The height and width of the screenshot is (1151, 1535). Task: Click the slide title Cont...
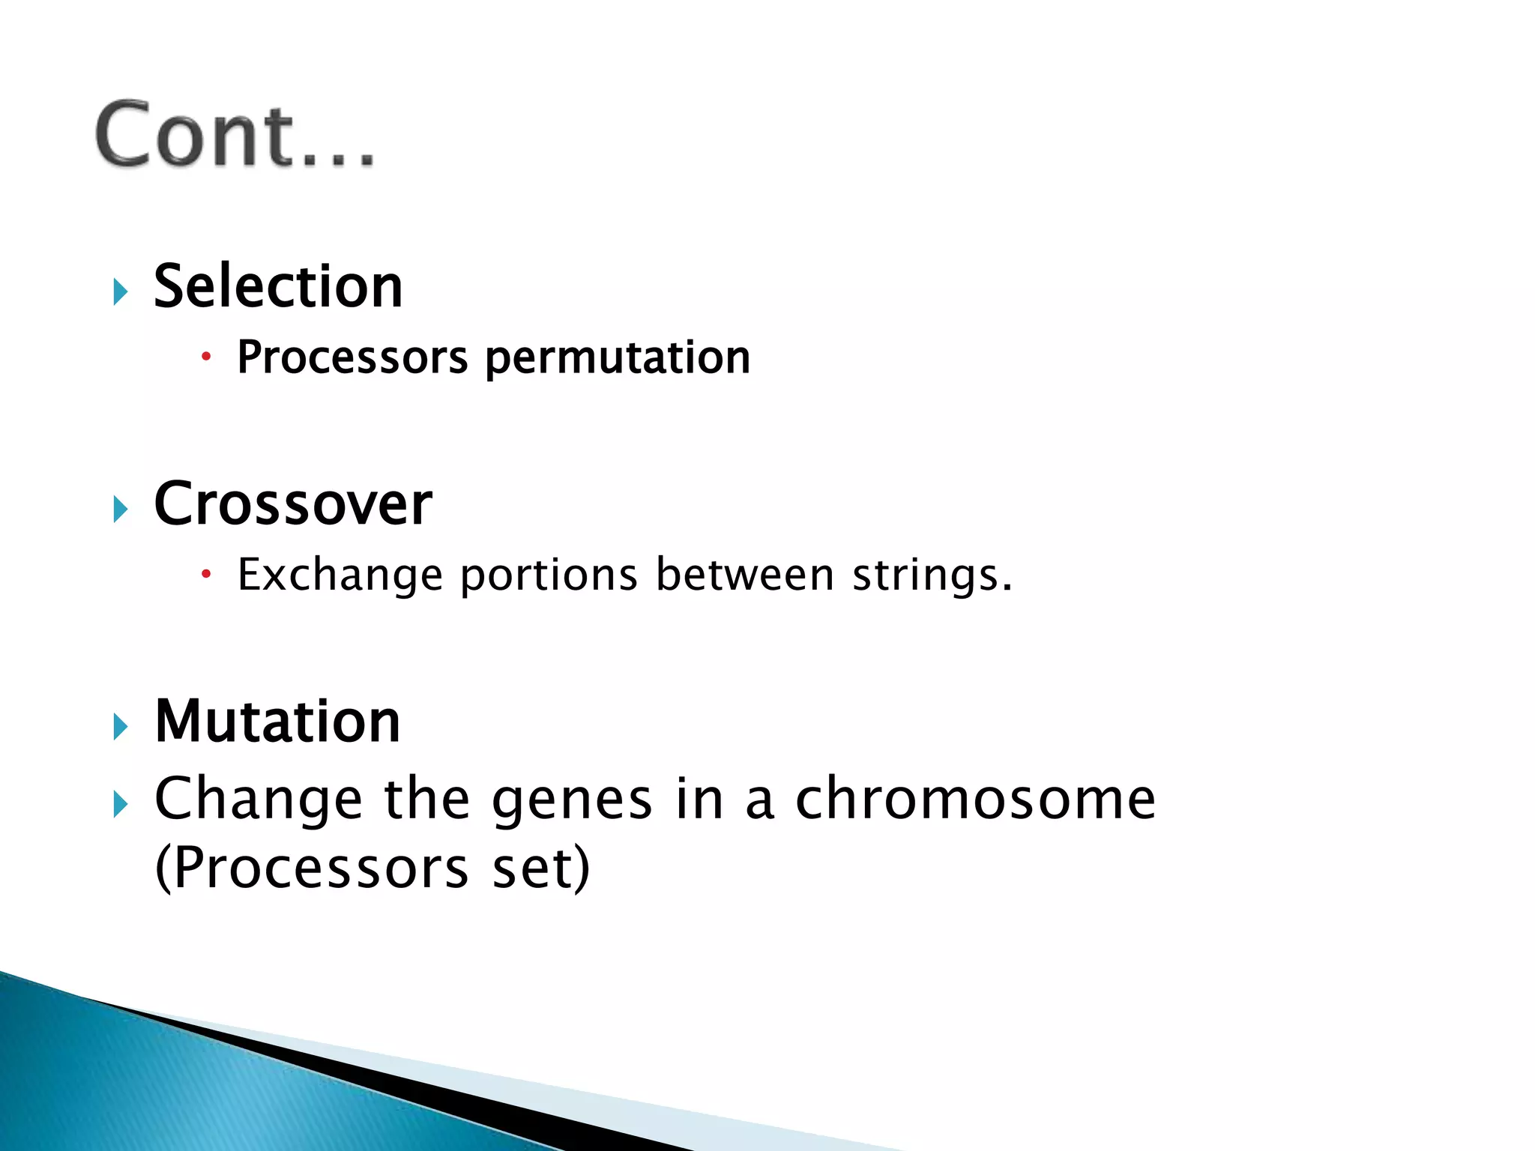point(234,135)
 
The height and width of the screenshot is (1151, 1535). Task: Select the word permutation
point(618,358)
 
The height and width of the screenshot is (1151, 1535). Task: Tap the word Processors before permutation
point(352,357)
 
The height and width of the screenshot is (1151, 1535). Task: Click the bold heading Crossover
point(293,504)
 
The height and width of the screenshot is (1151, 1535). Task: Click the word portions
point(549,575)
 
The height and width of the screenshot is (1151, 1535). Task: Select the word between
point(745,575)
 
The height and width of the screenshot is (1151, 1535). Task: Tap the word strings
point(932,575)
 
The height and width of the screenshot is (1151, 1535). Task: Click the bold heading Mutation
point(277,721)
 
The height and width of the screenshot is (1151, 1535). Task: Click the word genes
point(572,800)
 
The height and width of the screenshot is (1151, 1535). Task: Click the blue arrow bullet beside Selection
point(121,291)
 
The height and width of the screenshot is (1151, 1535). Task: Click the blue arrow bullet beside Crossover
point(121,510)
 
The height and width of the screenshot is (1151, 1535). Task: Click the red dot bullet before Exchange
point(206,575)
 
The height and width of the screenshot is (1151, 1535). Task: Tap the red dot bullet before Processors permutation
point(206,357)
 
